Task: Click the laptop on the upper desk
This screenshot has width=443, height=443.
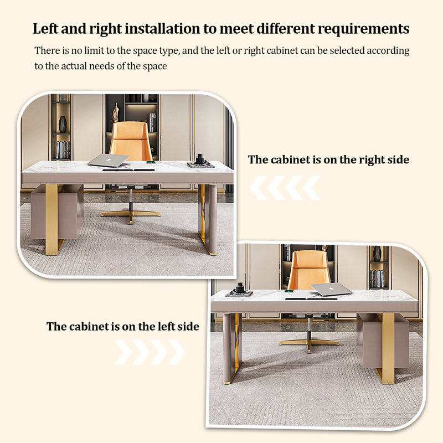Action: (x=109, y=161)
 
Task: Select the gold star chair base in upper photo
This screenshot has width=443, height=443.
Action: (x=131, y=214)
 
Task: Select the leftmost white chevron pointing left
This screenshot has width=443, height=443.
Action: (x=259, y=188)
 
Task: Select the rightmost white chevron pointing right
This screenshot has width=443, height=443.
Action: (x=176, y=352)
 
